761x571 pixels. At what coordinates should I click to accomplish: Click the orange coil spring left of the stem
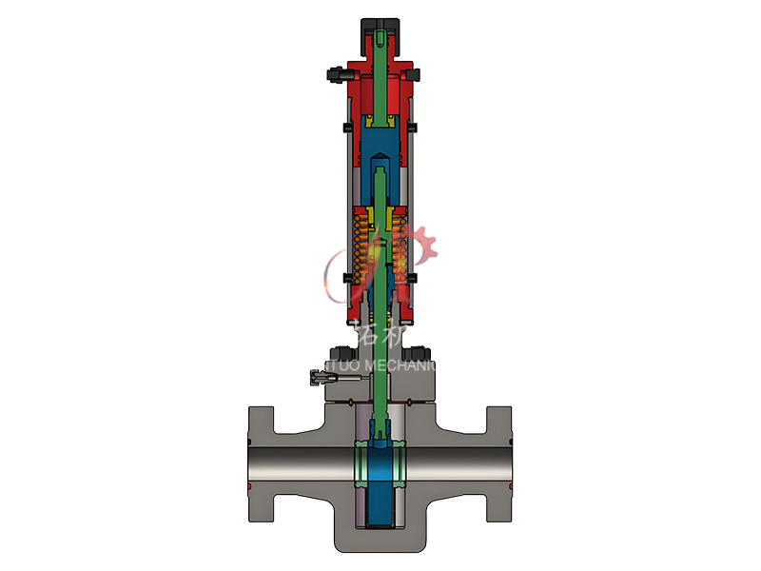(x=359, y=249)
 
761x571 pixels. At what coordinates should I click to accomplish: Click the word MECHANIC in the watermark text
(x=404, y=365)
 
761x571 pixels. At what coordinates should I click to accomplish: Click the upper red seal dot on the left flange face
(x=249, y=443)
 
